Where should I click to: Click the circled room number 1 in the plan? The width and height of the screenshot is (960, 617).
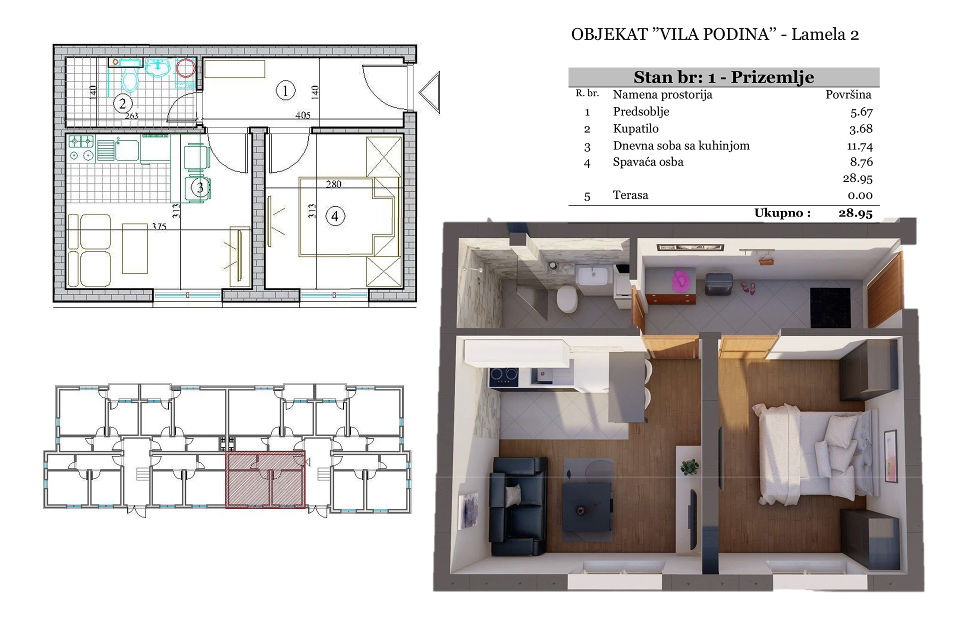285,91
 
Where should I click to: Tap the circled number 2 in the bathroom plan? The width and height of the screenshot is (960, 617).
122,104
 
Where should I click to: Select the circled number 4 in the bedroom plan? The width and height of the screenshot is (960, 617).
335,216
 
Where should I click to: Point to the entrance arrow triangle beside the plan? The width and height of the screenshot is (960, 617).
429,92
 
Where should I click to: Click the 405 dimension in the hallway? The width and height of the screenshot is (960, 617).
303,115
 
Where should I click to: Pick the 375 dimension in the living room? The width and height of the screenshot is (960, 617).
159,226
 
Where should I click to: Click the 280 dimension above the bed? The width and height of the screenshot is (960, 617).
333,184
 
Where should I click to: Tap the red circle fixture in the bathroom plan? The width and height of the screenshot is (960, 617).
186,68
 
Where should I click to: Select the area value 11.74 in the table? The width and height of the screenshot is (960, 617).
859,146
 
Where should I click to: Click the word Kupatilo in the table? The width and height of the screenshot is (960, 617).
635,129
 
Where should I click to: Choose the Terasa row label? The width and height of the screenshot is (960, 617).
630,195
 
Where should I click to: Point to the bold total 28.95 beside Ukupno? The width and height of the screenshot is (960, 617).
855,213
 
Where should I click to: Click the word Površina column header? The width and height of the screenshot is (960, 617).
848,94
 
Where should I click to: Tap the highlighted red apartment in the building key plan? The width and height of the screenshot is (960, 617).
265,479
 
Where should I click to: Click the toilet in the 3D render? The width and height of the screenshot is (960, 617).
567,299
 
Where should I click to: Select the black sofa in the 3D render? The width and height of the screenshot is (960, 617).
517,506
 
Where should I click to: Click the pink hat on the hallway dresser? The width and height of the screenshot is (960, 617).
679,280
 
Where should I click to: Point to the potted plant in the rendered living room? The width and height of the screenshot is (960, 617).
689,467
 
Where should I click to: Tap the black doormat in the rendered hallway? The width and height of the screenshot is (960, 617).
830,308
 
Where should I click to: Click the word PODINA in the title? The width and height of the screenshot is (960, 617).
739,34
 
